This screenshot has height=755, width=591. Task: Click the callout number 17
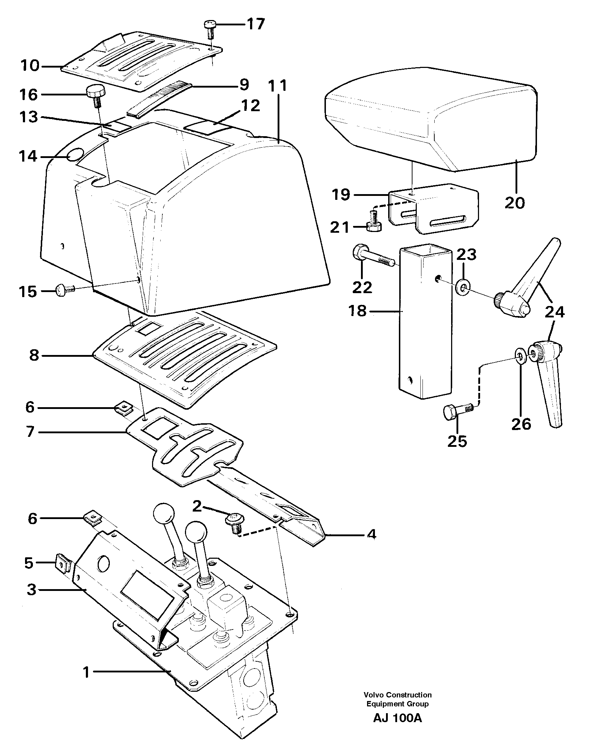[x=255, y=25]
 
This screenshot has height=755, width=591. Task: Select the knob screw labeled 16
[x=95, y=95]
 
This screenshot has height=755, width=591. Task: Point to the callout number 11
[x=278, y=87]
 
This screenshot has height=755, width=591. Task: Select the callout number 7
[x=30, y=432]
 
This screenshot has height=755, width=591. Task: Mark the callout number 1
[x=86, y=673]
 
